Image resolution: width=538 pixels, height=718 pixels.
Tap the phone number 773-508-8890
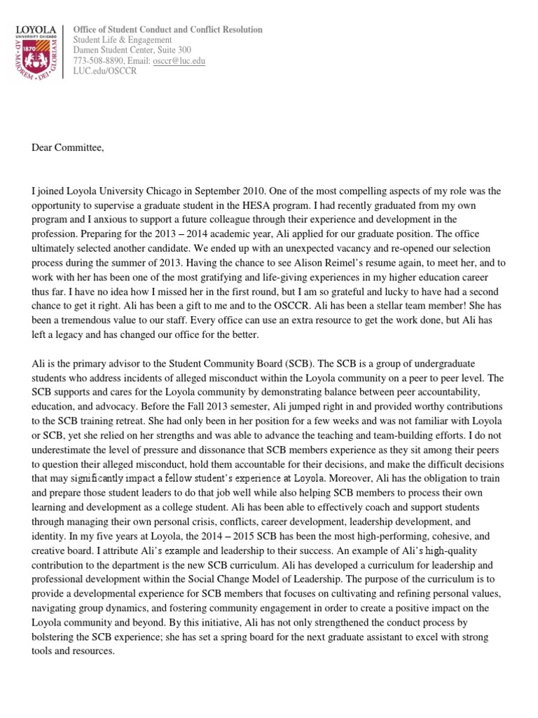pyautogui.click(x=98, y=61)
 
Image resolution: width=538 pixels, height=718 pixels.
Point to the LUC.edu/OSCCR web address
pyautogui.click(x=100, y=72)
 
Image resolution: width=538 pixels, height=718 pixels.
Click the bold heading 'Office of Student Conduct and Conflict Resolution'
pyautogui.click(x=168, y=29)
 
